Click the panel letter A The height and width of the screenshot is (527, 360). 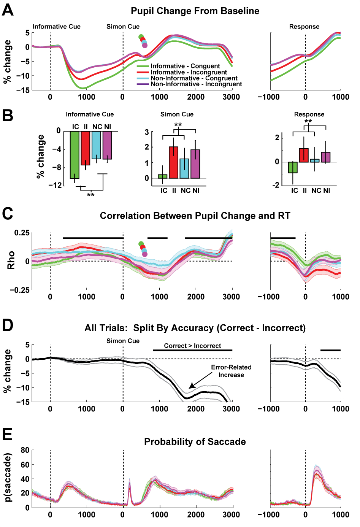point(8,10)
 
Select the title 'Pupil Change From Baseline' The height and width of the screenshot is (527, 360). point(195,11)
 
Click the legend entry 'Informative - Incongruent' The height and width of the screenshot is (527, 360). point(189,72)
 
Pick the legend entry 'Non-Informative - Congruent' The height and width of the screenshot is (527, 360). point(194,78)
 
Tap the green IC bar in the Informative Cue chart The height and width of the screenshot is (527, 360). point(75,154)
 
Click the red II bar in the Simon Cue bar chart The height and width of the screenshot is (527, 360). point(173,162)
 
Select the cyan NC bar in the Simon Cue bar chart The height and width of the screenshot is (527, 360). point(184,168)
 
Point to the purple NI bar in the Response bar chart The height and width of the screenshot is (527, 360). point(325,157)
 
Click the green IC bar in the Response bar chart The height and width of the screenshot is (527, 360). point(293,167)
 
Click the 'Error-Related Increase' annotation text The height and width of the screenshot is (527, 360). point(231,371)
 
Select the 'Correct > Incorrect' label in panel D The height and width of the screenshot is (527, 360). point(192,346)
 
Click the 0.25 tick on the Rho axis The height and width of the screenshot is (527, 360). point(22,233)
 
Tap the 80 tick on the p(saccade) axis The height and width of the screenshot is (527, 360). point(25,450)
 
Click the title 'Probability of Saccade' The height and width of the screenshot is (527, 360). point(195,442)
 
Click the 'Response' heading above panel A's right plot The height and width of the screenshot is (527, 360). point(304,27)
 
